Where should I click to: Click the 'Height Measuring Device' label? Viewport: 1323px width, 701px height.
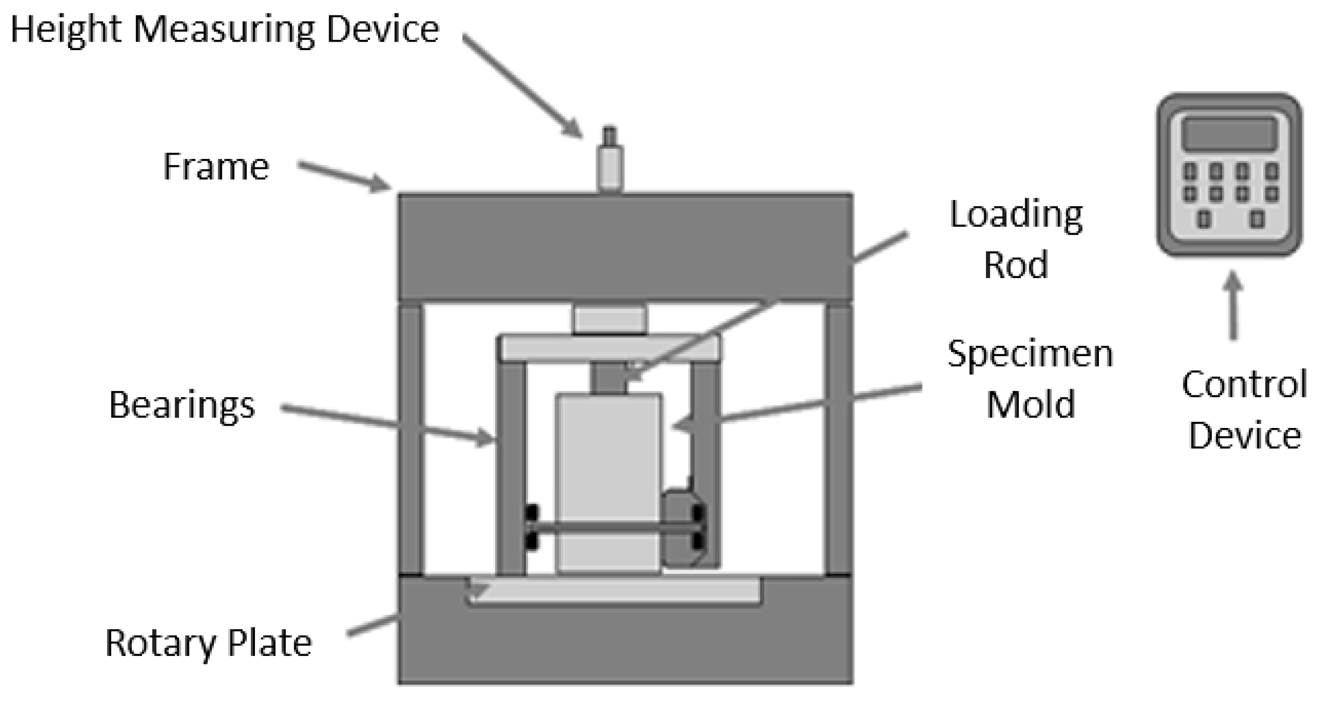[225, 30]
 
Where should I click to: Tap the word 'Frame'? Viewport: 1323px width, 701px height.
[216, 166]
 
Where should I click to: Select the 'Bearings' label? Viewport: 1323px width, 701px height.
[181, 405]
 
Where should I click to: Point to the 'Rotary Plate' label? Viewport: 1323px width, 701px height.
[208, 643]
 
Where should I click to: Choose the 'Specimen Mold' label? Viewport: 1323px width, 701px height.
[1030, 378]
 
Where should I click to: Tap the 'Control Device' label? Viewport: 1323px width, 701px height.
[1244, 409]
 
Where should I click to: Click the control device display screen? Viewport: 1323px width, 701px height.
[1229, 135]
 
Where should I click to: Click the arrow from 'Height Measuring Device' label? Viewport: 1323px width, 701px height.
[522, 85]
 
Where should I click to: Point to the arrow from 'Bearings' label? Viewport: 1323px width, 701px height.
[388, 423]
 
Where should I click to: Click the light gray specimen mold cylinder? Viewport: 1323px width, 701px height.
[608, 456]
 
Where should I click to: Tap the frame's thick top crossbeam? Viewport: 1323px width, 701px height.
[625, 246]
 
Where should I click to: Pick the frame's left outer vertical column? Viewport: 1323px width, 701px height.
[411, 439]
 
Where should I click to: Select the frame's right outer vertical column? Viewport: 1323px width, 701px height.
[838, 439]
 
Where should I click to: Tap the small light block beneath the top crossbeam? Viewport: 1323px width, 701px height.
[610, 320]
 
